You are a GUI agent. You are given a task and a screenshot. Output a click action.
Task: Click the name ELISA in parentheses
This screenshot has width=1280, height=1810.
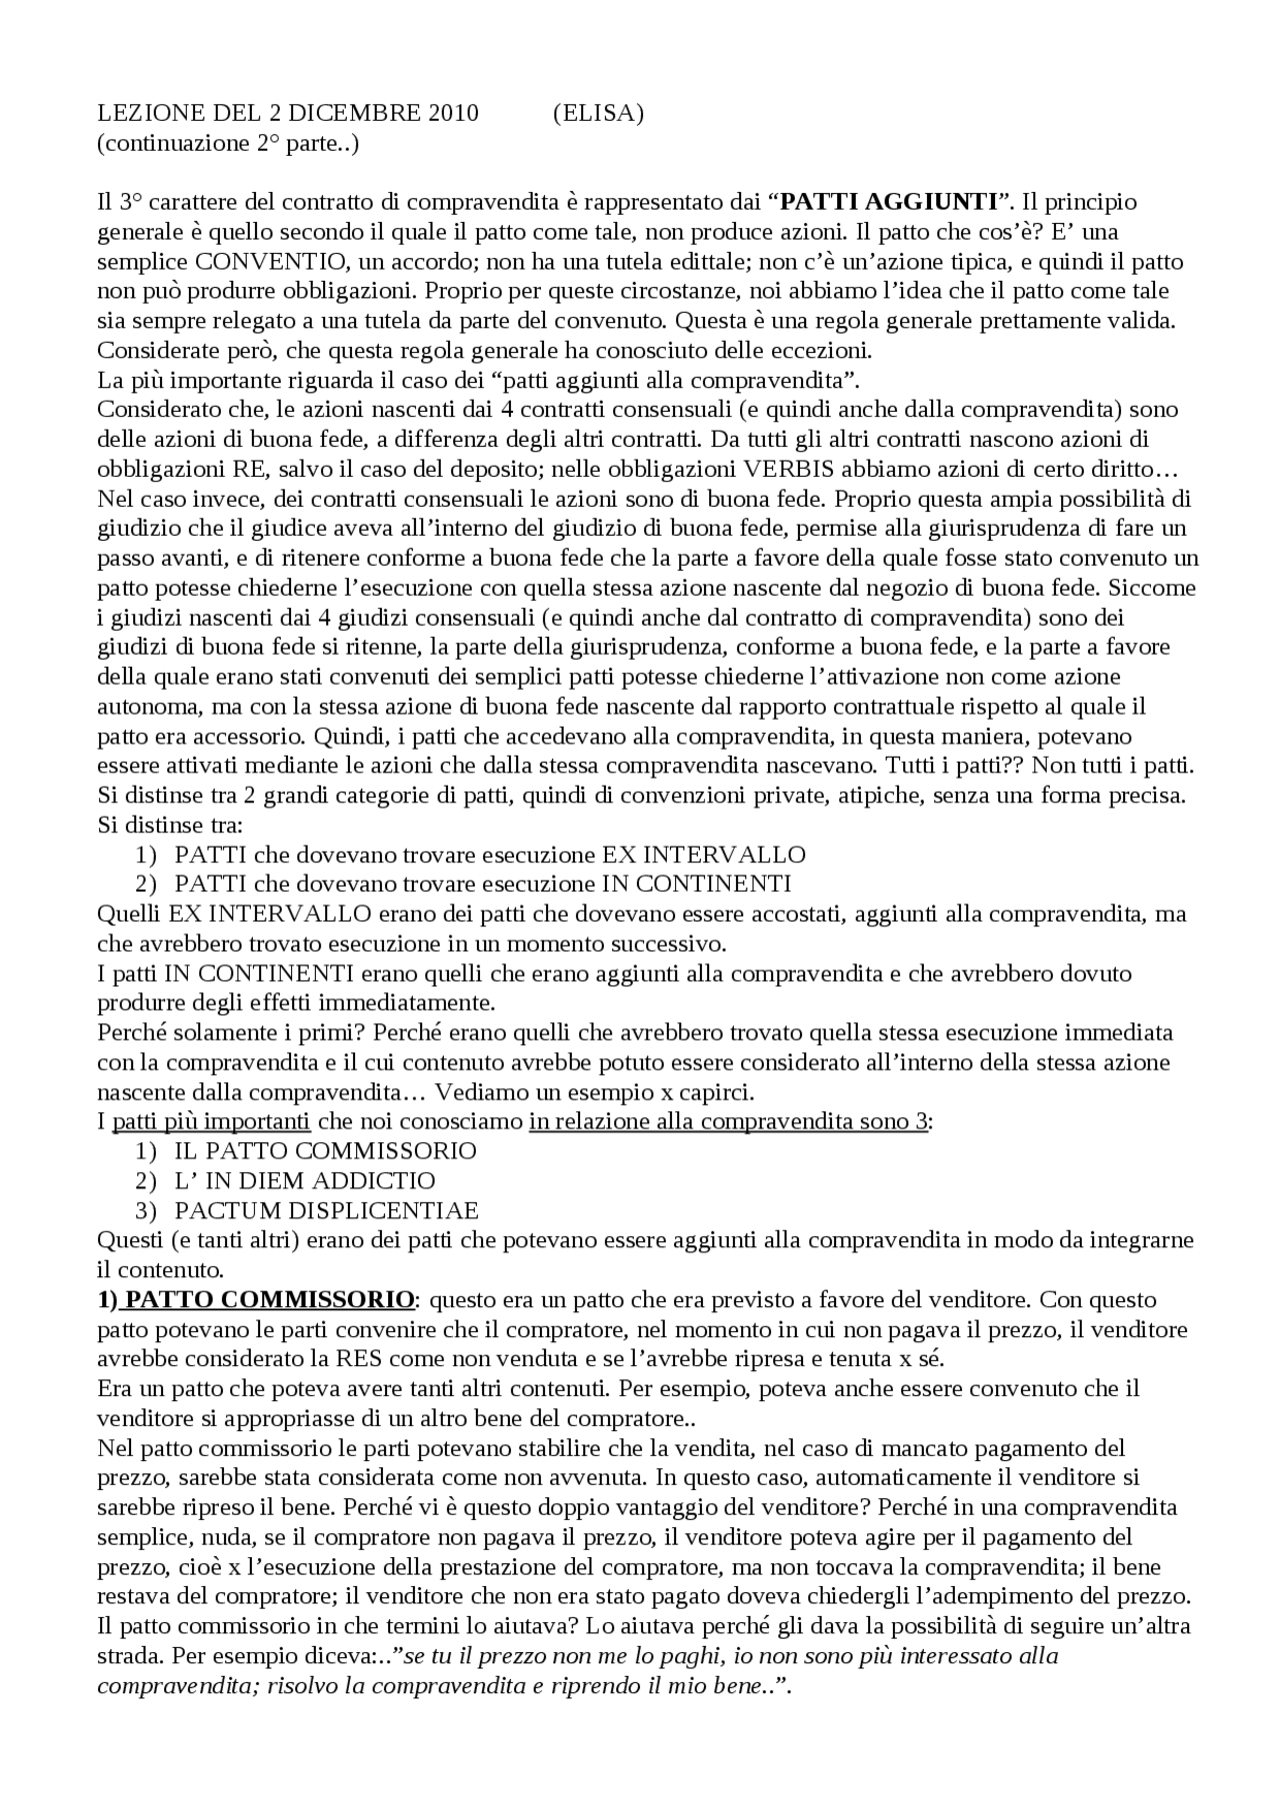[x=598, y=113]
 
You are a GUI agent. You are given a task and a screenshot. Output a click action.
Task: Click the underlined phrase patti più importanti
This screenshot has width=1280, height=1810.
[x=210, y=1121]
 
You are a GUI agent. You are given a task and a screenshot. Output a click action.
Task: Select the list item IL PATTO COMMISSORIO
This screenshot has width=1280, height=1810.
[x=325, y=1150]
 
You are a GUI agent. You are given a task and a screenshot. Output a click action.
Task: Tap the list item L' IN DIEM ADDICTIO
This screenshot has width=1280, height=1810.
[x=305, y=1180]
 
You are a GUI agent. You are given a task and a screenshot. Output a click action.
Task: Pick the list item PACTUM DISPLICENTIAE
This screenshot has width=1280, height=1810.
[x=326, y=1210]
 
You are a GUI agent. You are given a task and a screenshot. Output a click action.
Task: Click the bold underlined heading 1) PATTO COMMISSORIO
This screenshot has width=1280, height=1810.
[x=256, y=1299]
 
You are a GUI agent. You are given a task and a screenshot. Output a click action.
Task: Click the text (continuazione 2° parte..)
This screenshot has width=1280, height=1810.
[x=228, y=143]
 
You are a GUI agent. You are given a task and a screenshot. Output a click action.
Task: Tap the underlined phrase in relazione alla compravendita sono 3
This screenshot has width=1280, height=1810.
[x=728, y=1121]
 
